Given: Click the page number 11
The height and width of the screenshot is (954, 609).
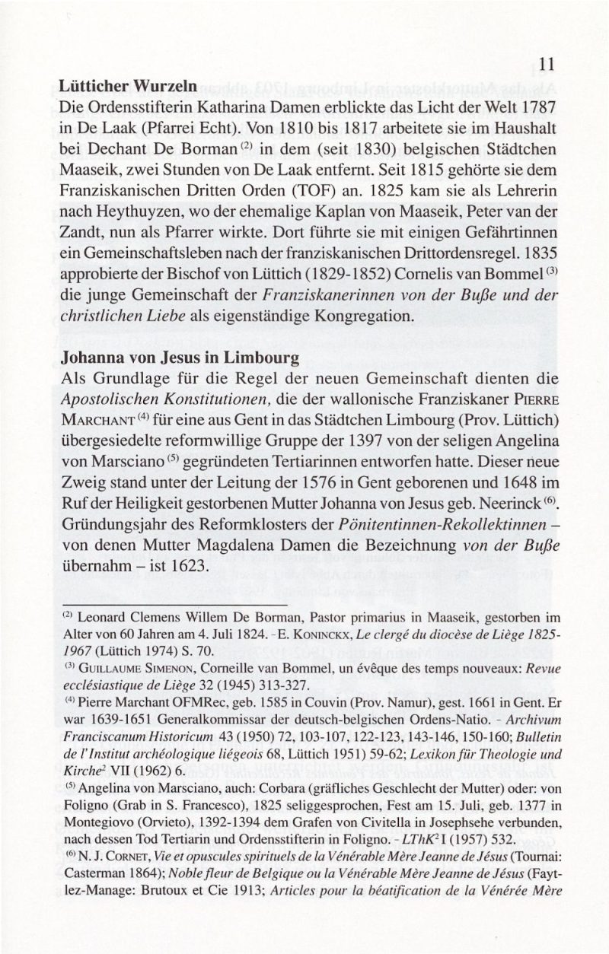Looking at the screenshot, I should [544, 65].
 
